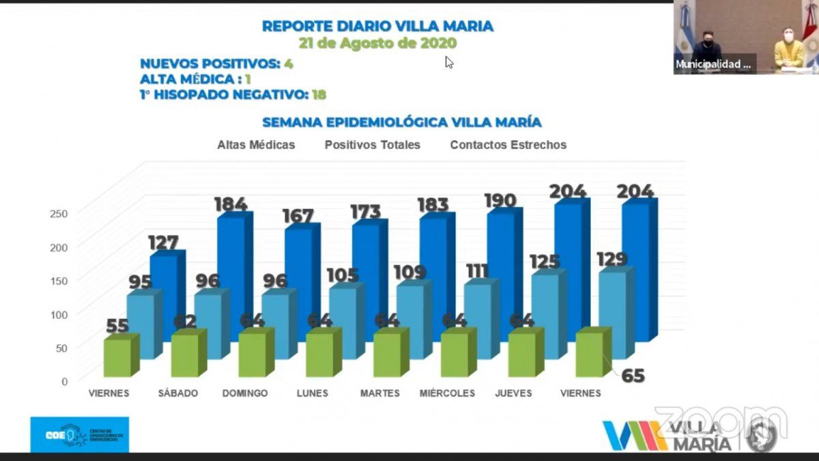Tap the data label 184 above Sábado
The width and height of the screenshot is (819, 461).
(230, 204)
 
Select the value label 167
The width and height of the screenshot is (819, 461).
(298, 216)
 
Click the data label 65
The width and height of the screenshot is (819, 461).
(633, 375)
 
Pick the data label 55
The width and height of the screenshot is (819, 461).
(118, 326)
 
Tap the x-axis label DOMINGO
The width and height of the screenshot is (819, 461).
(245, 393)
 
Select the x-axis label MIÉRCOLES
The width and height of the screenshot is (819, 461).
(447, 393)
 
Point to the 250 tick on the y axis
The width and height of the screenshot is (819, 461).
(59, 213)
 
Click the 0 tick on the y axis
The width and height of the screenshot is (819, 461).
(65, 381)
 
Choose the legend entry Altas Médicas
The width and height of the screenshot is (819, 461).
(256, 145)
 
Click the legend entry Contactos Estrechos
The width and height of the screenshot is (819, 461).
(508, 145)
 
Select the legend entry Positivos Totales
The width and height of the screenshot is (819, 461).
(372, 145)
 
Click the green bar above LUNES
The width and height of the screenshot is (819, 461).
(319, 354)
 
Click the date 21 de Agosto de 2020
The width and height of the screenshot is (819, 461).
(377, 42)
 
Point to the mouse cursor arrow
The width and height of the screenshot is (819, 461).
(448, 62)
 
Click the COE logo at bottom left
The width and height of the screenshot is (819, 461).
(79, 434)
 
